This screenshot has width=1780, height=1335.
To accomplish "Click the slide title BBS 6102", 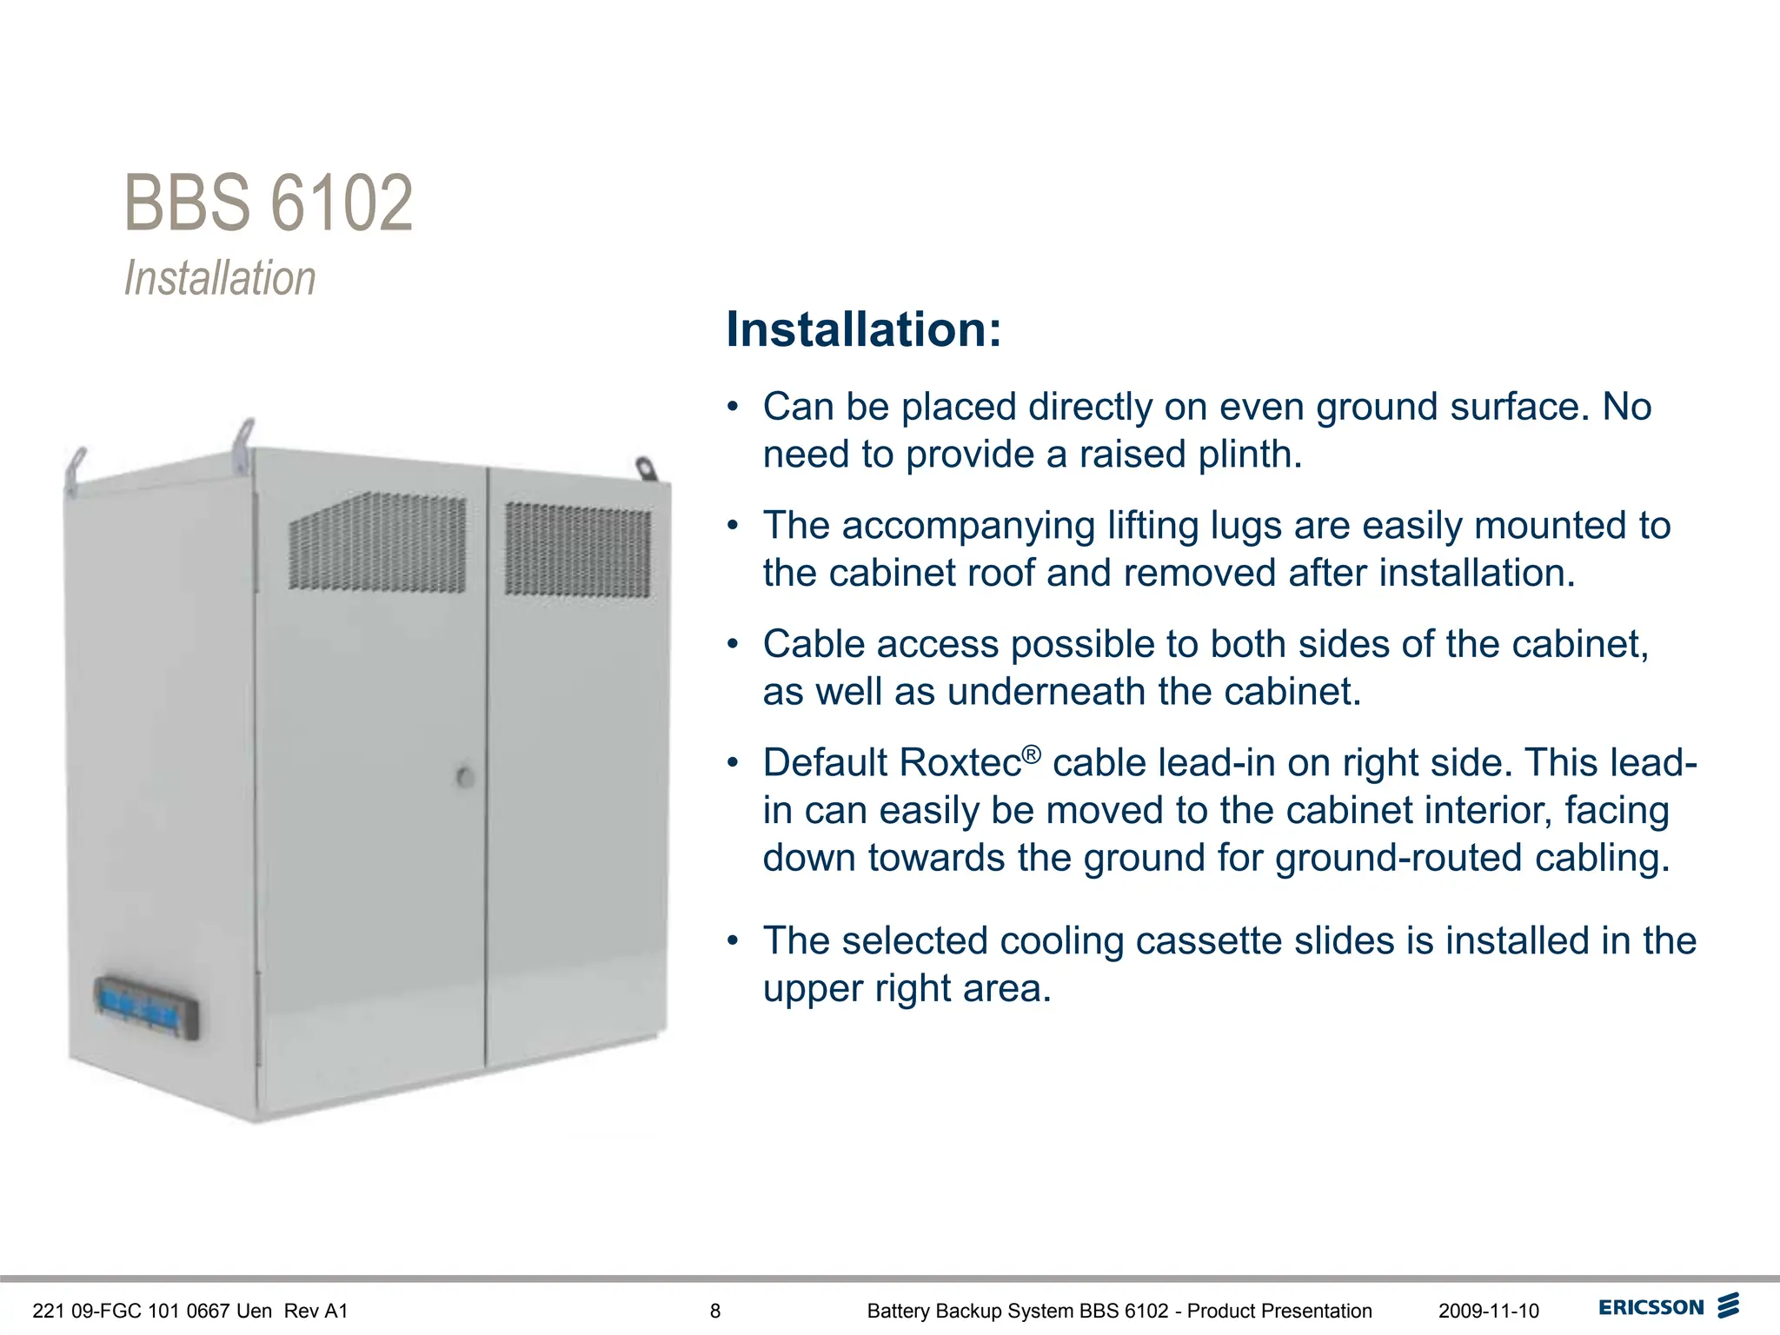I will [269, 203].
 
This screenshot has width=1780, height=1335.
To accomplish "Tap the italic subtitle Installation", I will [220, 278].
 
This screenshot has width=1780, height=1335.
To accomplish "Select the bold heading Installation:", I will [863, 329].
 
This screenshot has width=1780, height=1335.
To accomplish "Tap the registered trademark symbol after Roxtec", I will [1031, 754].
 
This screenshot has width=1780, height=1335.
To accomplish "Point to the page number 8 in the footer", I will [715, 1311].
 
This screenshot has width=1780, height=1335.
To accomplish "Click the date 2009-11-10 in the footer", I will [1488, 1311].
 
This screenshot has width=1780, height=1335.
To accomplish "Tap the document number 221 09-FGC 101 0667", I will [151, 1311].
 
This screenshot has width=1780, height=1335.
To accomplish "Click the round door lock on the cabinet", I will [466, 777].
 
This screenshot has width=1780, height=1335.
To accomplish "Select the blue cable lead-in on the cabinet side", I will [146, 1006].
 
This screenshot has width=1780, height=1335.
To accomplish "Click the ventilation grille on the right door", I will [577, 549].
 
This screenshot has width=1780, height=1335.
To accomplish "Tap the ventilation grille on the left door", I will [376, 541].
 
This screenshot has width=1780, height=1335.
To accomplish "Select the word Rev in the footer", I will [302, 1311].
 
